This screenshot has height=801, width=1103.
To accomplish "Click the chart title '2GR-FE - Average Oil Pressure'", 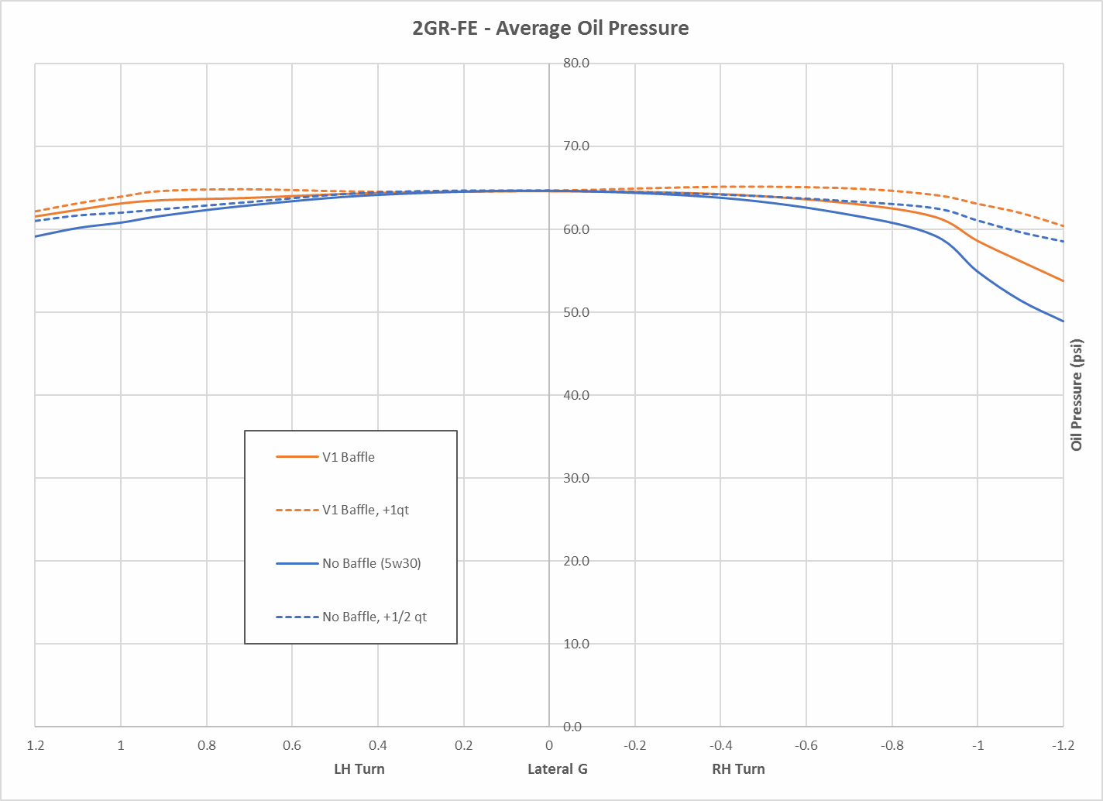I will [550, 29].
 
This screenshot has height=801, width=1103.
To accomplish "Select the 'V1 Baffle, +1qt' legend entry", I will [365, 510].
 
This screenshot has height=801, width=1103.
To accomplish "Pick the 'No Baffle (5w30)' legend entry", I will [371, 563].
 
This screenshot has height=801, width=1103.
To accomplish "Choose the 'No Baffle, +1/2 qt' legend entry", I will [374, 617].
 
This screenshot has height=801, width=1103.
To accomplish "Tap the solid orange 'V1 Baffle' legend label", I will [348, 457].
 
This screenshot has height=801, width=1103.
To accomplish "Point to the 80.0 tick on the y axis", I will [576, 64].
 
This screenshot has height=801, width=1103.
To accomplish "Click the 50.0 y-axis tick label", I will [576, 312].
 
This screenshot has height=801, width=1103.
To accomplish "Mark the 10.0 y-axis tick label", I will [576, 644].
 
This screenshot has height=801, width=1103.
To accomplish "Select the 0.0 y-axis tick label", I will [572, 727].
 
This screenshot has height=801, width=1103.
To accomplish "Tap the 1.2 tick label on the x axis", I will [35, 745].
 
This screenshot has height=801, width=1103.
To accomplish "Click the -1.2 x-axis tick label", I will [1063, 745].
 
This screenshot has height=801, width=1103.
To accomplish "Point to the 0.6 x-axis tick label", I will [292, 745].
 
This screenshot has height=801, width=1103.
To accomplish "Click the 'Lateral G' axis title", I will [557, 769].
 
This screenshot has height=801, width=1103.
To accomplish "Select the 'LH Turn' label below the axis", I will [359, 769].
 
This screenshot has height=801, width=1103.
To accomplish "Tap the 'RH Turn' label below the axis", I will [738, 769].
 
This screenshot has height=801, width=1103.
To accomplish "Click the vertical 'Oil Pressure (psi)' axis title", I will [1077, 395].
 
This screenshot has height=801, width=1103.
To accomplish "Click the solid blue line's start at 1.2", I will [36, 235].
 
